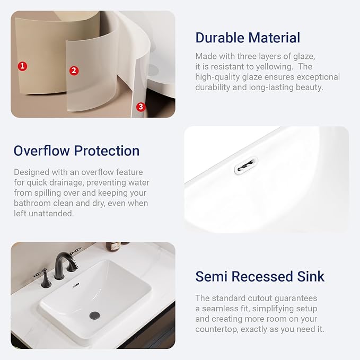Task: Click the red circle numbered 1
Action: (x=22, y=66)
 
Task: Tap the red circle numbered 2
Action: (x=74, y=71)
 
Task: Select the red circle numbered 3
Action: (x=141, y=107)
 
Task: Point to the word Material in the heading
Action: (x=274, y=38)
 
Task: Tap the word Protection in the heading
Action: (x=107, y=151)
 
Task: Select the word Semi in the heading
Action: (x=211, y=276)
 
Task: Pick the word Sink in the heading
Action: (x=310, y=276)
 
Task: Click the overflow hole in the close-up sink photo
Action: (x=246, y=165)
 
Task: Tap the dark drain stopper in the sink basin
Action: (x=94, y=315)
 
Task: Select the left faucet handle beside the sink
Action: (x=43, y=277)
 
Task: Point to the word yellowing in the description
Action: (x=274, y=67)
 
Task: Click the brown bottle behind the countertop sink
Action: (x=113, y=246)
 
